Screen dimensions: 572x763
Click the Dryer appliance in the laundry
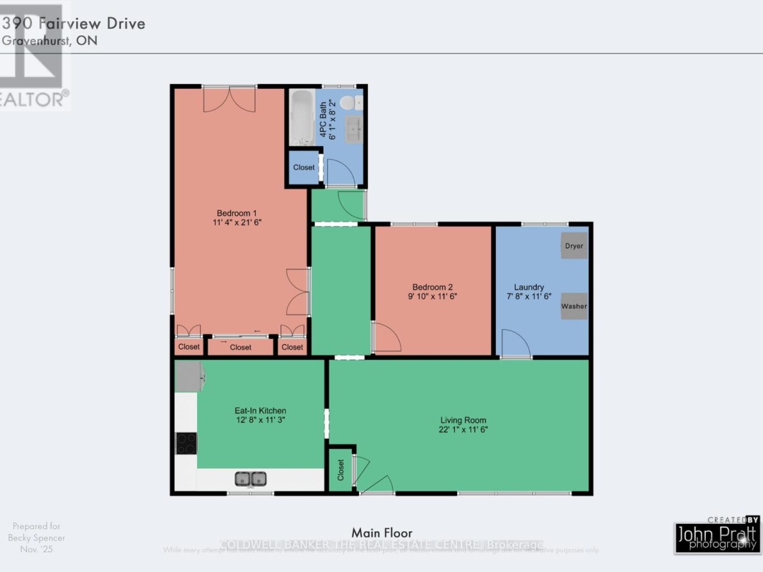(574, 246)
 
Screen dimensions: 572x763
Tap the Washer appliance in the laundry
(574, 306)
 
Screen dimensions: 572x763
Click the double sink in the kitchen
(250, 479)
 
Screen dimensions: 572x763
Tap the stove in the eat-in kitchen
(187, 443)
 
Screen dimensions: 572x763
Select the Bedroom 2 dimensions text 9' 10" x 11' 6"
(432, 297)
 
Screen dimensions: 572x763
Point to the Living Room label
(463, 420)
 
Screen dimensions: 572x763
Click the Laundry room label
(528, 287)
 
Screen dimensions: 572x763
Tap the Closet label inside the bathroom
(304, 168)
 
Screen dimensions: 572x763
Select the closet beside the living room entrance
(341, 468)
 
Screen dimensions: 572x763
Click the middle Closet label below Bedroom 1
(240, 347)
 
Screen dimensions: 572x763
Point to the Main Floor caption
(381, 533)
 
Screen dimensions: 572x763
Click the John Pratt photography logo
(716, 535)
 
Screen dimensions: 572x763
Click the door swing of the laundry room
(516, 345)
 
